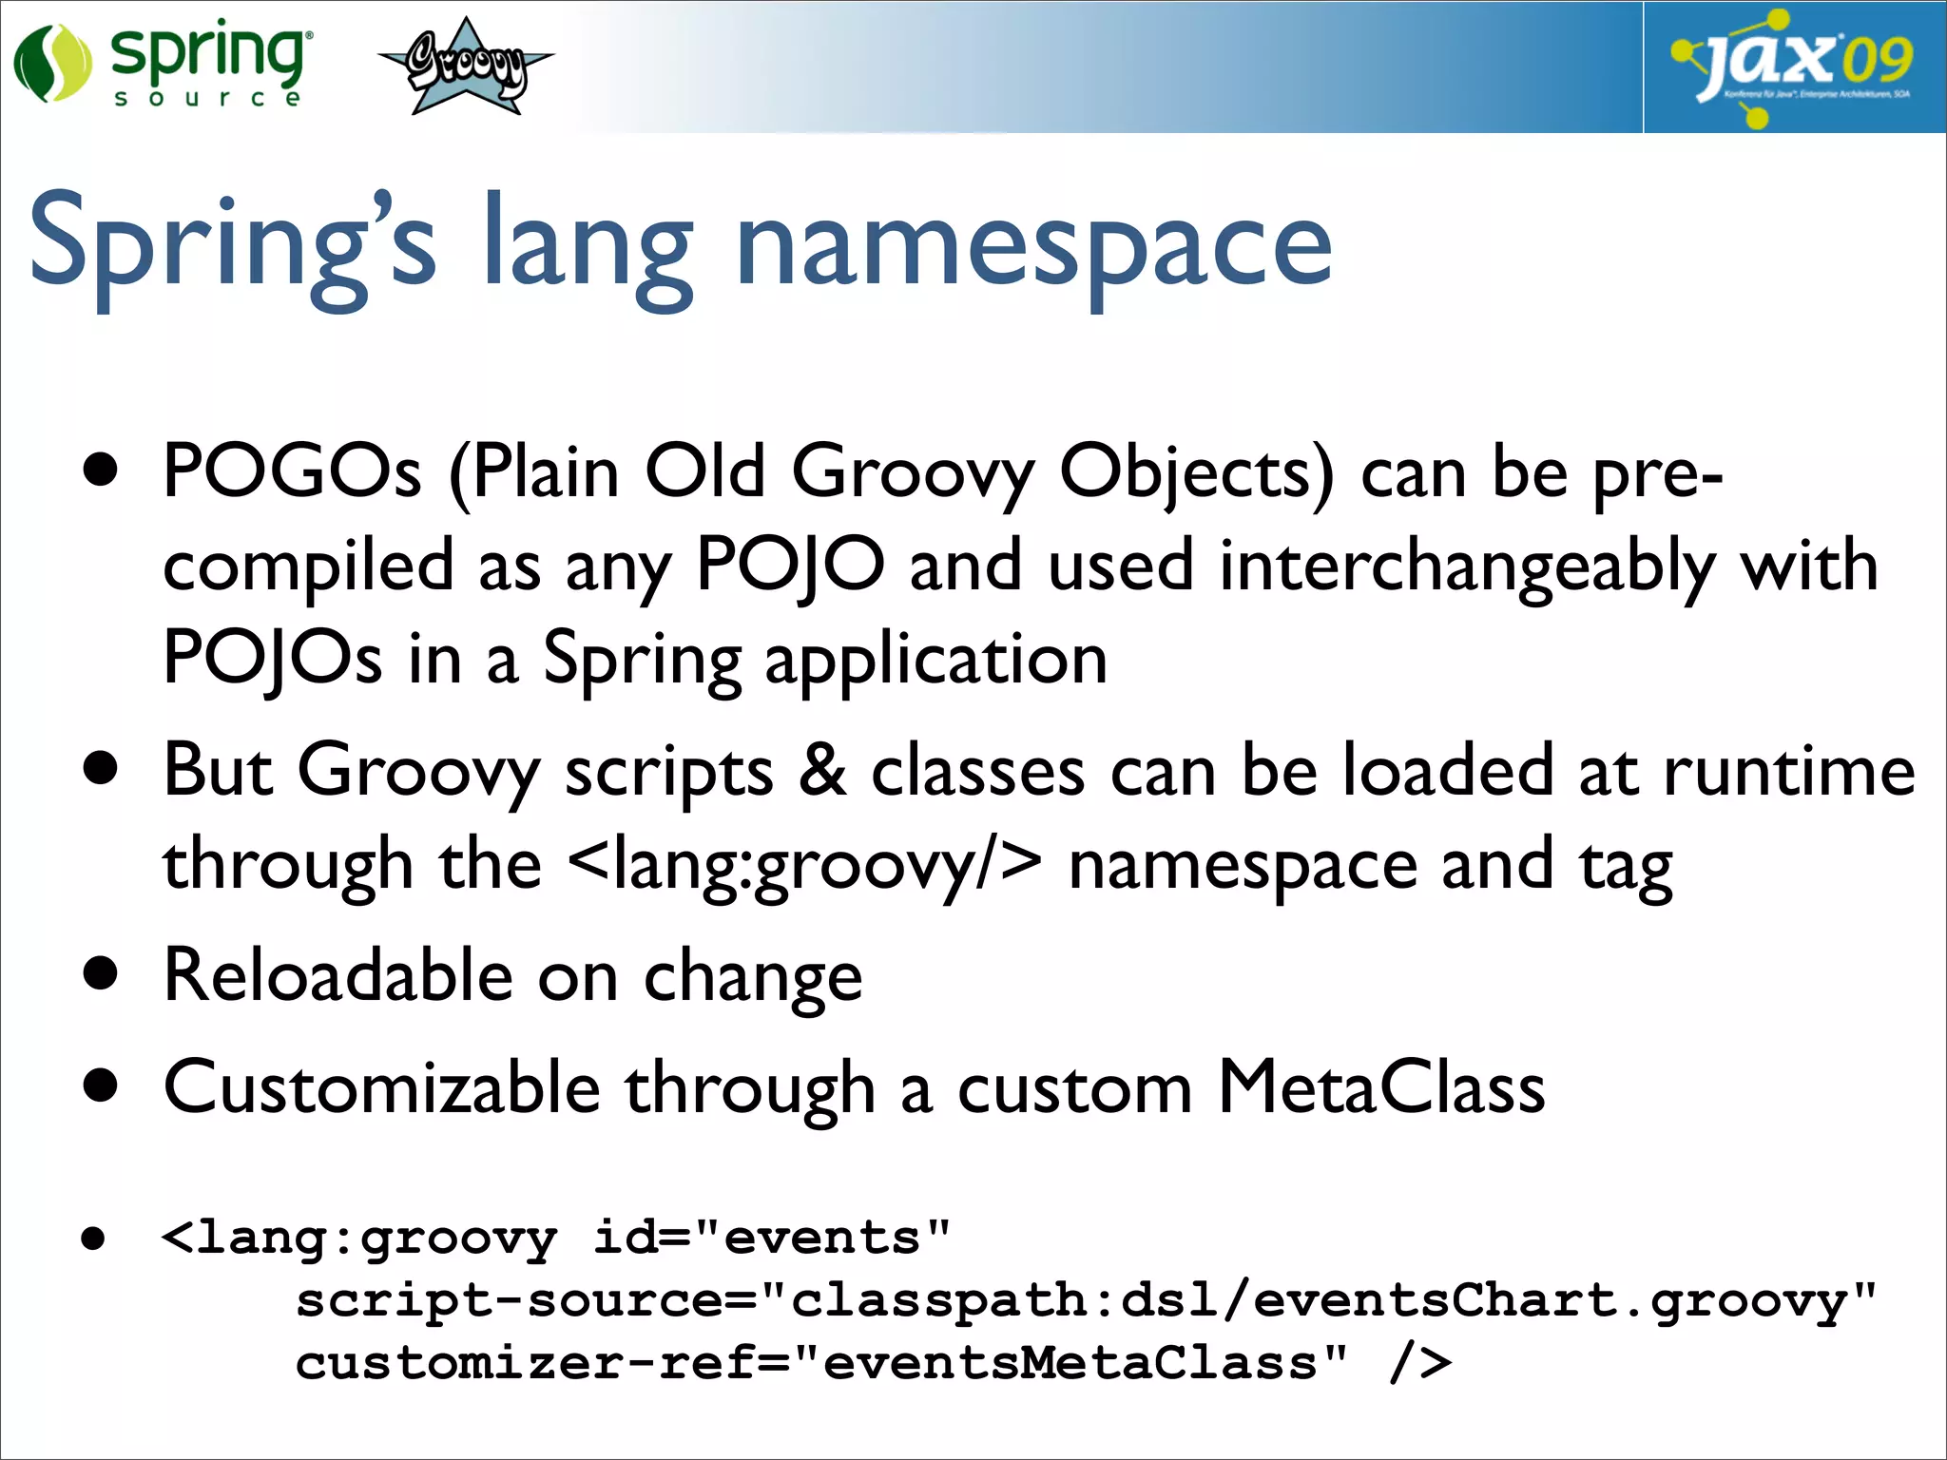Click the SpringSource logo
pos(162,65)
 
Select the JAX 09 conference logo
pos(1793,67)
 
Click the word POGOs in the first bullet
pos(291,471)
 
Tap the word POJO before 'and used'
pos(790,565)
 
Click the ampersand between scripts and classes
pos(822,770)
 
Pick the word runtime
pos(1788,770)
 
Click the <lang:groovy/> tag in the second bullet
pos(804,865)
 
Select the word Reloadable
pos(338,975)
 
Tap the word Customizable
pos(381,1087)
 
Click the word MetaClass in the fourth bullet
pos(1381,1087)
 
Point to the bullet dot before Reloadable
pos(100,973)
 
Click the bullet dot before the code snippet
pos(93,1239)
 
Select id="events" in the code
pos(771,1239)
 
